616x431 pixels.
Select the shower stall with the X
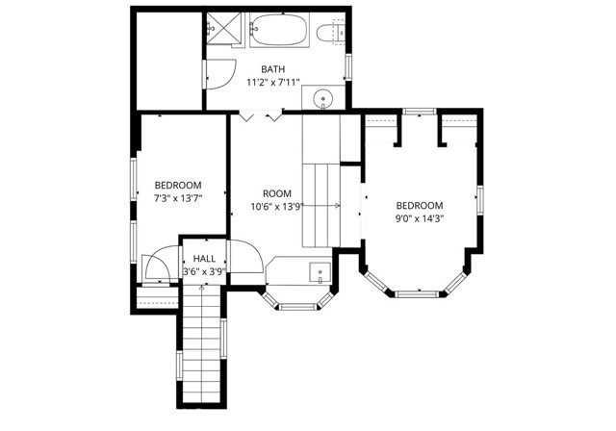(x=225, y=30)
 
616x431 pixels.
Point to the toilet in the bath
(x=330, y=33)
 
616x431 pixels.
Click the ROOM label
(x=277, y=193)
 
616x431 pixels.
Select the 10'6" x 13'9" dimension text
(x=277, y=206)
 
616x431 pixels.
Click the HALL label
(x=204, y=259)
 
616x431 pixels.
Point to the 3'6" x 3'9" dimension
(x=204, y=271)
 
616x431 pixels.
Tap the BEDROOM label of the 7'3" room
(x=178, y=185)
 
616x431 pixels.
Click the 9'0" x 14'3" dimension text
(x=420, y=218)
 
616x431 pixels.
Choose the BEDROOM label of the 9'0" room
(x=420, y=205)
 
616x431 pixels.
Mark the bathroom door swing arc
(x=223, y=69)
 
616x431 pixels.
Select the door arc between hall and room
(x=246, y=255)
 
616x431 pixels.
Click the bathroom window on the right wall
(x=348, y=67)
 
